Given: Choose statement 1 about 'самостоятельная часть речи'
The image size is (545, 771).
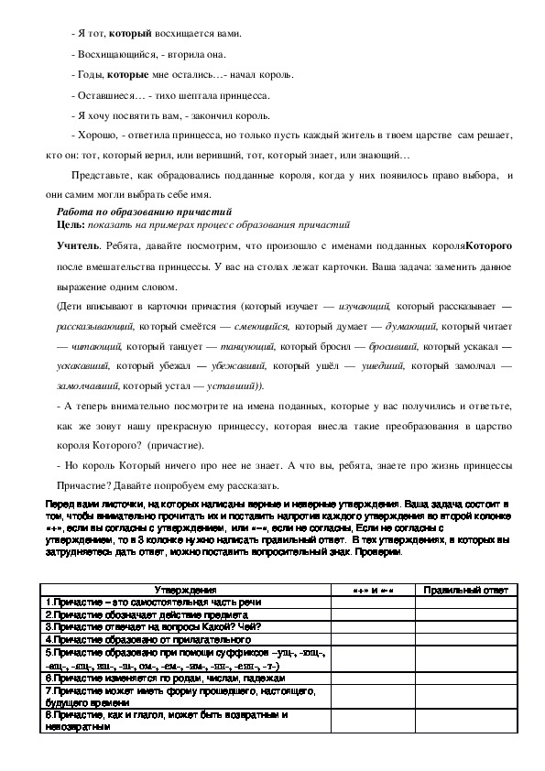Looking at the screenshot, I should (x=153, y=602).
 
